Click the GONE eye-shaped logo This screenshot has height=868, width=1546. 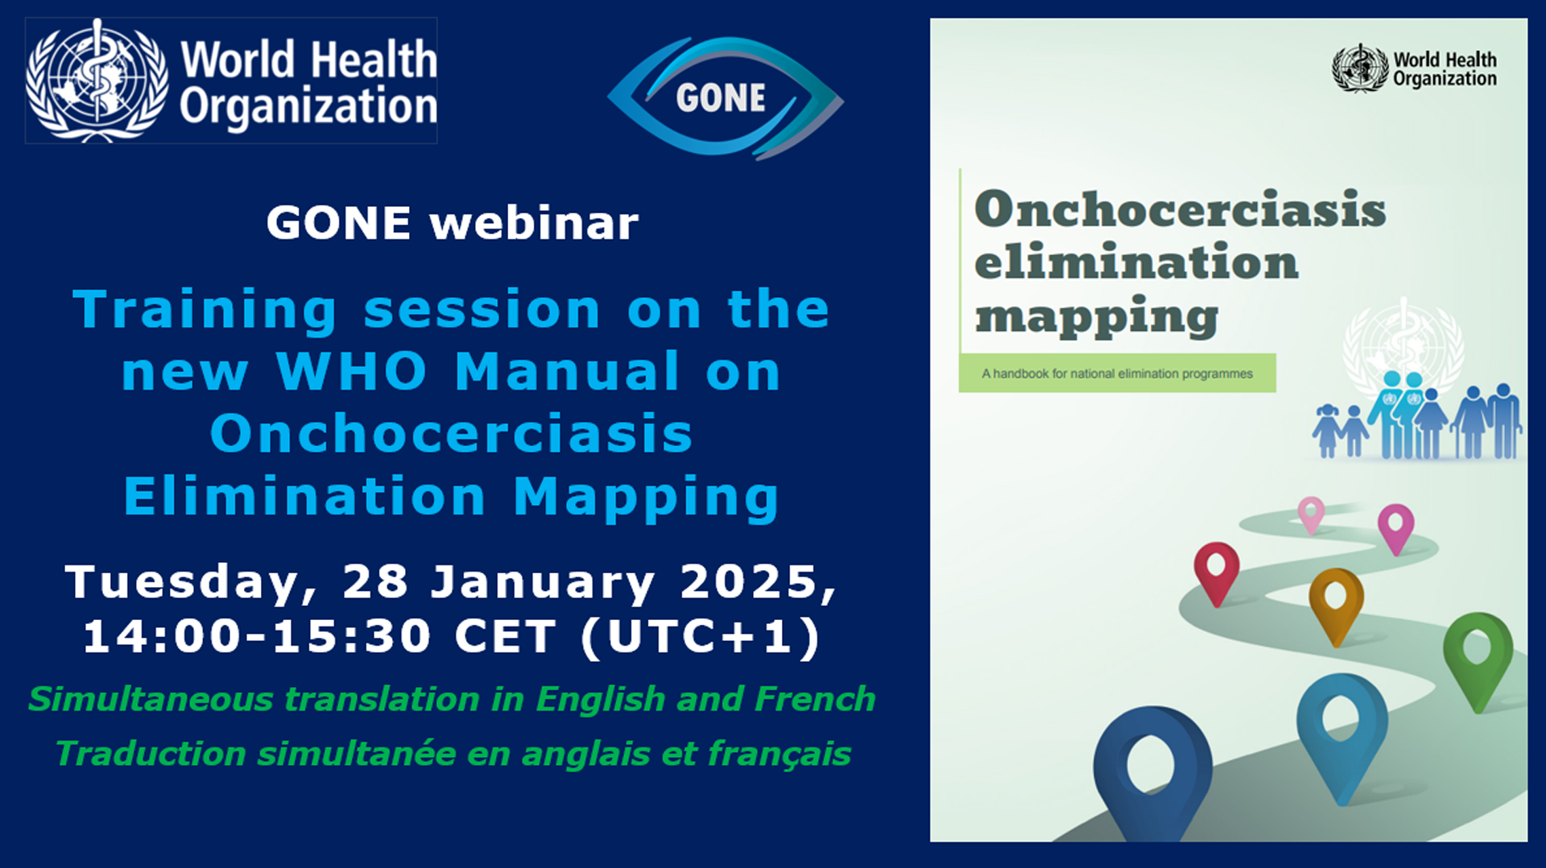[x=725, y=97]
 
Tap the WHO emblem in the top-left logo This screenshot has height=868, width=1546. [x=97, y=81]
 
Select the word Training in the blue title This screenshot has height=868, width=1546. [x=205, y=311]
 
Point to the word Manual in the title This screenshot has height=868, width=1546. [x=568, y=371]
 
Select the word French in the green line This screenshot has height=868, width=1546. [x=815, y=699]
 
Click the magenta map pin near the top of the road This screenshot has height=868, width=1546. [x=1395, y=529]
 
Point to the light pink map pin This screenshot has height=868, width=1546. [x=1311, y=515]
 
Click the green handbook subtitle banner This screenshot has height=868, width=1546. [x=1117, y=373]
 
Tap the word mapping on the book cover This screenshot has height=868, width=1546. [x=1096, y=317]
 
